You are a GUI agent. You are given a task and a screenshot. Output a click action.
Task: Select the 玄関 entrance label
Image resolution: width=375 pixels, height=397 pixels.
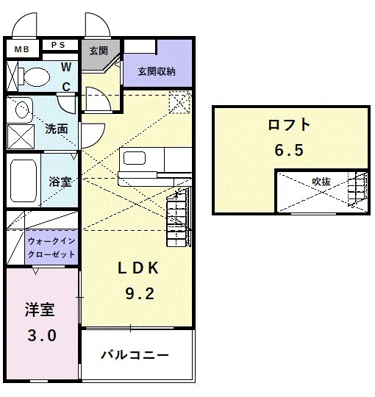click(x=99, y=51)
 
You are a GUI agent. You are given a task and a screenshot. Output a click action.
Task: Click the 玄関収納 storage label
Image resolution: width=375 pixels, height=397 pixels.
click(x=157, y=71)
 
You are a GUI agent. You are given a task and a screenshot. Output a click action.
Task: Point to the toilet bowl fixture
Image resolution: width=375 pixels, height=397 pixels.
click(x=33, y=76)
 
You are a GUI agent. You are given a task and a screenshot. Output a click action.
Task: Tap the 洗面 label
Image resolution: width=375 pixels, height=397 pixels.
click(x=57, y=128)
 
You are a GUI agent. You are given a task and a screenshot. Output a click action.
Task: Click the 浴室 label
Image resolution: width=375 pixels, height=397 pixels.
click(x=60, y=181)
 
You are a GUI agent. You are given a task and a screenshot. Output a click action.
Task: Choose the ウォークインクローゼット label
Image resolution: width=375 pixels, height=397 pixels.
click(x=51, y=246)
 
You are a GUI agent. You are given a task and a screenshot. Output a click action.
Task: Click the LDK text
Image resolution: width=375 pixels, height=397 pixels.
click(x=139, y=268)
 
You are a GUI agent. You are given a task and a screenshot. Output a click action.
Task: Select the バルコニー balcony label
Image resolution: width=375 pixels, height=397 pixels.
click(x=135, y=354)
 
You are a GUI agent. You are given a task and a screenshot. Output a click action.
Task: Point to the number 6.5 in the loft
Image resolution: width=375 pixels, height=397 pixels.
click(x=289, y=150)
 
